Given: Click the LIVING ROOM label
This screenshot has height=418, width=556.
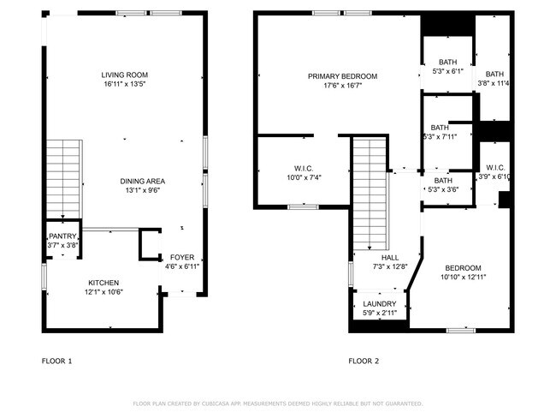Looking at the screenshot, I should click(x=125, y=75).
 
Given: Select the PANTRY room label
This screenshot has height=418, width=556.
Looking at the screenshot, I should click(x=62, y=236).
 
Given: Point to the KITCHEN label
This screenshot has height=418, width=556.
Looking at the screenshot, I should click(x=104, y=283).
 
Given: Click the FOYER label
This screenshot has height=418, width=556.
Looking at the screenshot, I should click(x=181, y=257).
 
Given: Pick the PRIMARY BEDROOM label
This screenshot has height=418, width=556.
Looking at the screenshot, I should click(x=342, y=76).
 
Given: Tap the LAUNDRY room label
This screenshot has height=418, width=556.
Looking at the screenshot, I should click(x=379, y=304).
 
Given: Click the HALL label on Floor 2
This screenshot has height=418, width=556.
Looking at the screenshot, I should click(x=390, y=257).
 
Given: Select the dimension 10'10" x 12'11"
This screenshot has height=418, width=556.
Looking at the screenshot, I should click(x=461, y=278).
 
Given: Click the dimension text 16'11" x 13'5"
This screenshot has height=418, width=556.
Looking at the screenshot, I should click(x=125, y=85).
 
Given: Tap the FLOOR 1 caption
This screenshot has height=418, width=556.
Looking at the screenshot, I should click(x=57, y=361).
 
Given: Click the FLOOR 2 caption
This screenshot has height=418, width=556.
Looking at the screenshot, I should click(x=364, y=361).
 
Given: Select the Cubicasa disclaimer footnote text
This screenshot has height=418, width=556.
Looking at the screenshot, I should click(x=277, y=403).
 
